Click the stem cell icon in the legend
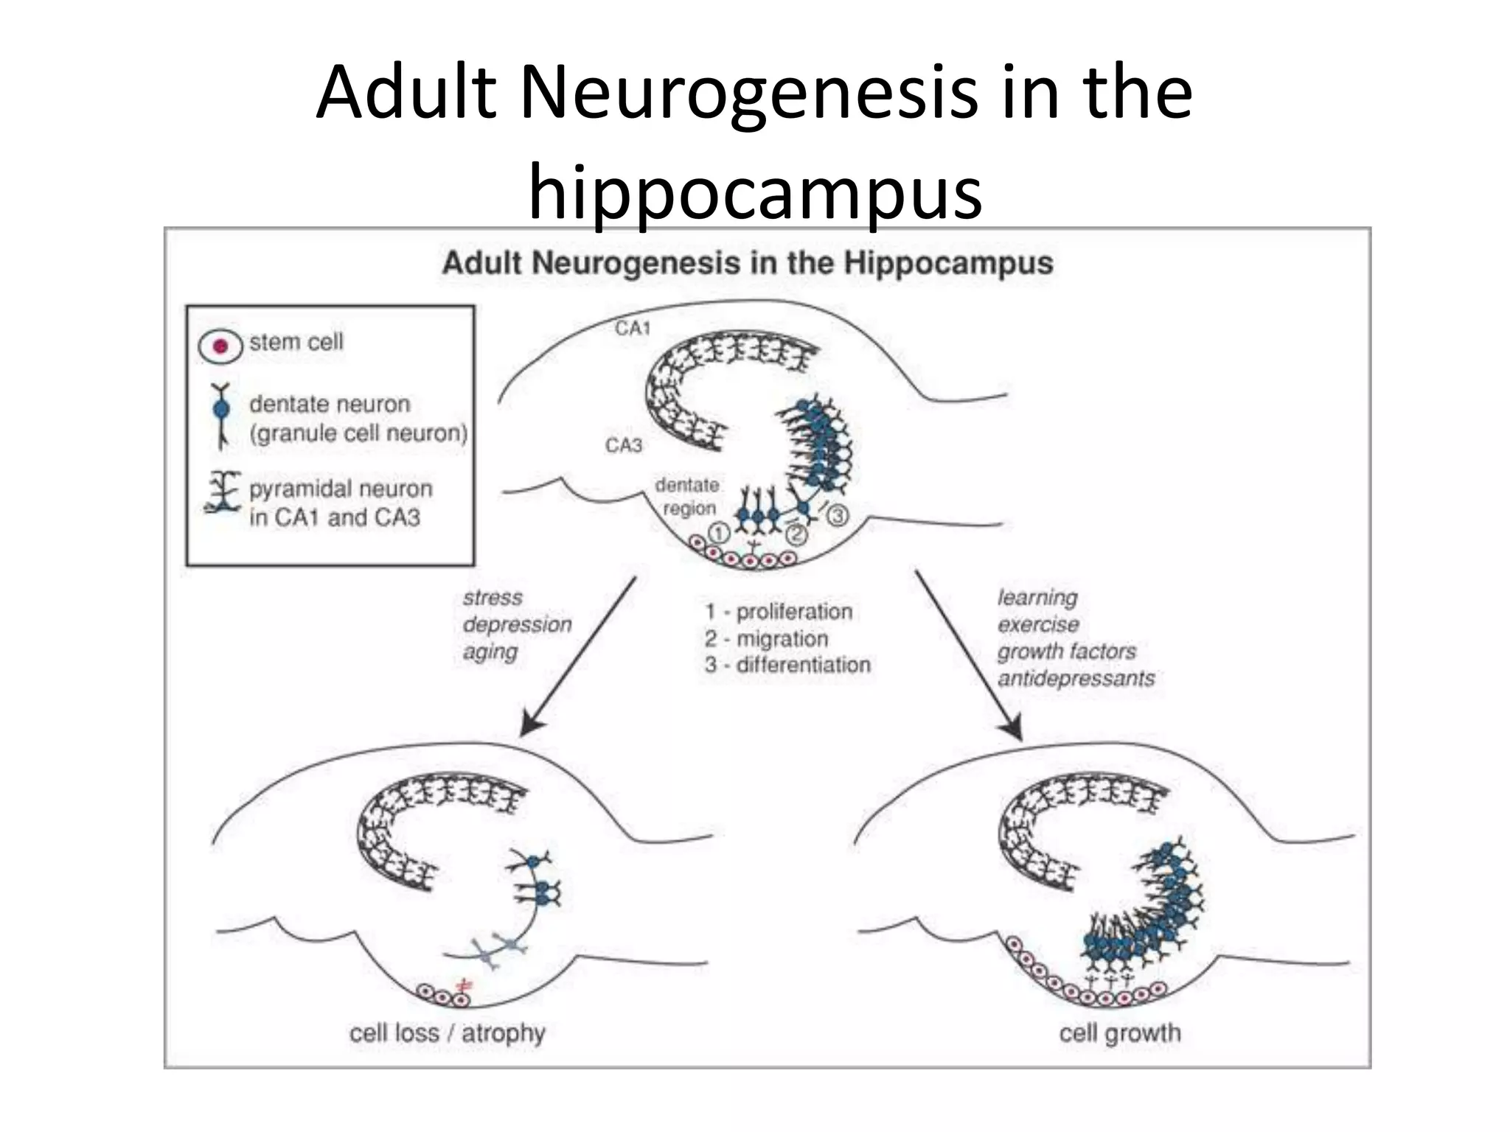pos(220,346)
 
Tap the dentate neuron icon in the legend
pos(221,416)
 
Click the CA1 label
pos(633,329)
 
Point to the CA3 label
pos(624,445)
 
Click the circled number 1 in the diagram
pos(718,531)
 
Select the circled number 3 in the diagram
pos(837,516)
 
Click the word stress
pos(493,598)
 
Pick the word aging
pos(490,651)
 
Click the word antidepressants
pos(1076,678)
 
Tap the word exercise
pos(1038,625)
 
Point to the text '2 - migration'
pos(766,638)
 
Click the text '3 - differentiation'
pos(787,665)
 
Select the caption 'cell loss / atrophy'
pos(447,1033)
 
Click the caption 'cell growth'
pos(1119,1033)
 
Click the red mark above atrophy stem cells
pos(464,985)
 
